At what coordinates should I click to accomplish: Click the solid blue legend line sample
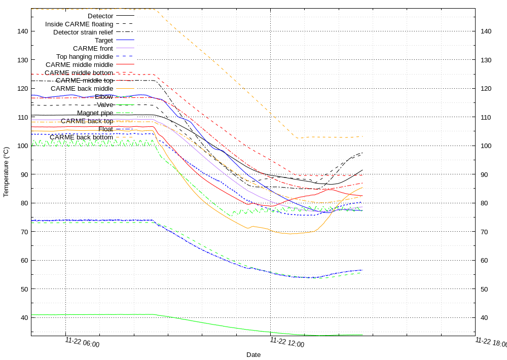click(125, 40)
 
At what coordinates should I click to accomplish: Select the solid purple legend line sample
click(125, 48)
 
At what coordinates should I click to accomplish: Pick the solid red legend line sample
click(125, 64)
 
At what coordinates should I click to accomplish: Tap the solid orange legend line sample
click(125, 88)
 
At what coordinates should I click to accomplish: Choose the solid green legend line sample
click(125, 104)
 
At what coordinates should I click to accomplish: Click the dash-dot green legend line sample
click(125, 113)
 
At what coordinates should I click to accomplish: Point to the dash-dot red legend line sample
click(125, 80)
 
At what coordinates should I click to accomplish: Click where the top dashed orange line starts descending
click(155, 10)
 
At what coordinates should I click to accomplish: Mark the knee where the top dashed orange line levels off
click(297, 137)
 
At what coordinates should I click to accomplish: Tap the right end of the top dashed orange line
click(363, 136)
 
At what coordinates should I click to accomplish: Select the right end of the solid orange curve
click(363, 188)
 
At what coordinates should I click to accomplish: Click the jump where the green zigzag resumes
click(233, 212)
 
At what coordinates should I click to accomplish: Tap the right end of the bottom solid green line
click(363, 335)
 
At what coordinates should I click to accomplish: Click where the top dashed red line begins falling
click(155, 75)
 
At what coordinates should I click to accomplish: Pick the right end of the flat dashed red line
click(363, 175)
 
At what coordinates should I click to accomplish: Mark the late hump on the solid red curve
click(332, 189)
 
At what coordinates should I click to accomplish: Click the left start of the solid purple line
click(32, 120)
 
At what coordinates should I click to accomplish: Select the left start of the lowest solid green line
click(32, 315)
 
